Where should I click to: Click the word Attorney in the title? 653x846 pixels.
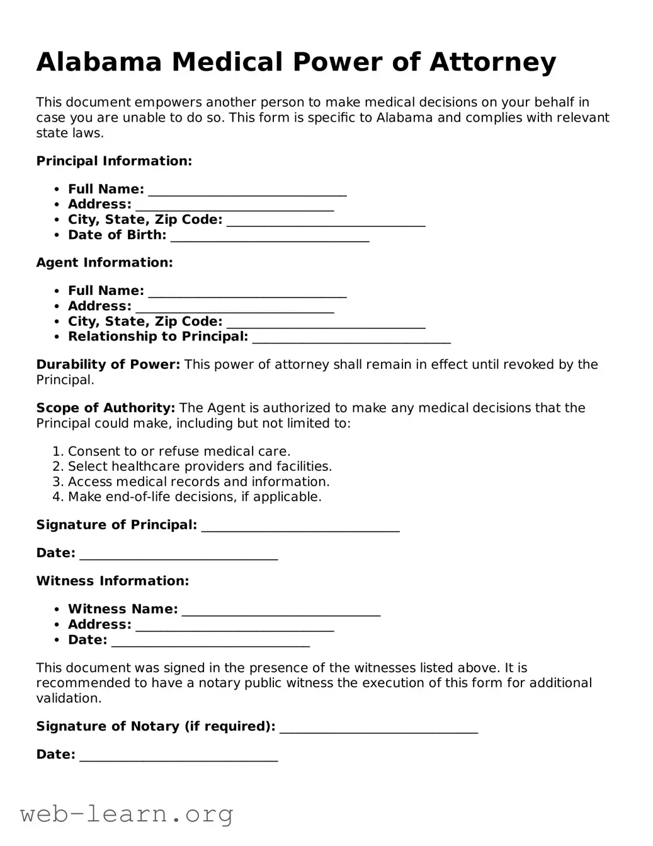point(493,62)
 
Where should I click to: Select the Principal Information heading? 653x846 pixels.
point(114,161)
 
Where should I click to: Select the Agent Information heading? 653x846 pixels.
point(105,263)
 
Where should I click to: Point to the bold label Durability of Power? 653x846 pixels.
point(108,364)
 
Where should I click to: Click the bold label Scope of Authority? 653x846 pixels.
point(106,408)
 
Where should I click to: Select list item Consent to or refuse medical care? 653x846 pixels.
point(179,451)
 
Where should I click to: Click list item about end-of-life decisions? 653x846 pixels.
point(195,497)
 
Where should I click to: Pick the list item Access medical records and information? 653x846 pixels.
point(198,482)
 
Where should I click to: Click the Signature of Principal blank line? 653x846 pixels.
point(300,527)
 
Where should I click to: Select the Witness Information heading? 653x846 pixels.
point(113,581)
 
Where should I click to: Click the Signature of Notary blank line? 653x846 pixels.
point(378,729)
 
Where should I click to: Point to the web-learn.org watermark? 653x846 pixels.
point(127,814)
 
